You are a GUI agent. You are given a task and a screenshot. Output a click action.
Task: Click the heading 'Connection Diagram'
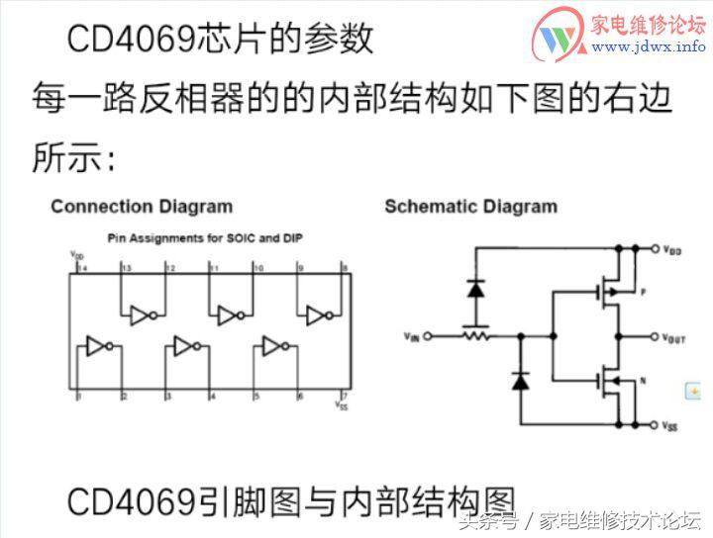click(x=142, y=207)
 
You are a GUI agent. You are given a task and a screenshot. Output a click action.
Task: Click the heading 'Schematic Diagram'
click(x=470, y=207)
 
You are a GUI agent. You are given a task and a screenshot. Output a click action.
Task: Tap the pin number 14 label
click(x=81, y=268)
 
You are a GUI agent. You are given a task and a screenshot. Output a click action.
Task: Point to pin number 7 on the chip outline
click(x=343, y=396)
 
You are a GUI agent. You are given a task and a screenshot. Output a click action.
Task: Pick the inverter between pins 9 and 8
click(x=321, y=315)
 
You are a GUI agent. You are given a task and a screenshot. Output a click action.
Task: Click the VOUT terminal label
click(x=672, y=338)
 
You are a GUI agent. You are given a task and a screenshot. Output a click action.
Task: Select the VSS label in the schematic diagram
click(x=670, y=426)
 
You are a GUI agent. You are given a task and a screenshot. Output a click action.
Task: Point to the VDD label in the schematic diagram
click(x=670, y=251)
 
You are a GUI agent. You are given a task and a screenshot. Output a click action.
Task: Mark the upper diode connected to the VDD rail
click(x=475, y=290)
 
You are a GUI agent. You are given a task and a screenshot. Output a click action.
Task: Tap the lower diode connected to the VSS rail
click(x=519, y=380)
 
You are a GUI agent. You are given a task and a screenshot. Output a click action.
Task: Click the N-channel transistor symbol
click(x=605, y=380)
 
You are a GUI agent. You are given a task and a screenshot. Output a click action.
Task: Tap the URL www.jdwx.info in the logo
click(x=649, y=46)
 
